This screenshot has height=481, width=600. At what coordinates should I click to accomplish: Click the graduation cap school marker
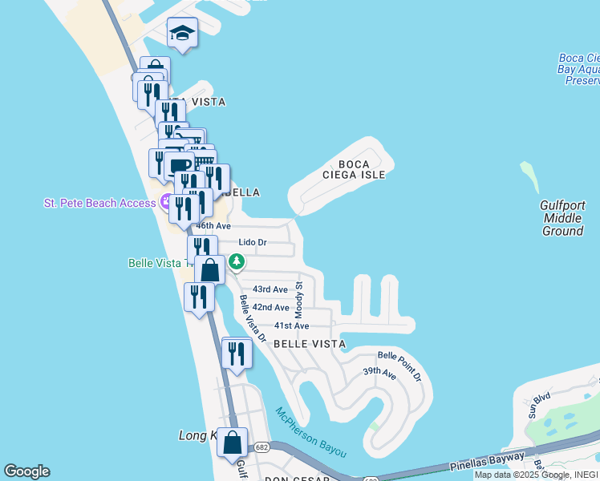(x=182, y=34)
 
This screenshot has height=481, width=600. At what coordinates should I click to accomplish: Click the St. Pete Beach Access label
(x=99, y=203)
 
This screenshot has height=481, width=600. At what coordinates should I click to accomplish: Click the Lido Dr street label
(x=253, y=242)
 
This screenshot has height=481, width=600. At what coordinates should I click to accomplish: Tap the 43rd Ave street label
(x=270, y=289)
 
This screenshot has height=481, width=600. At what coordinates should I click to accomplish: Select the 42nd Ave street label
(x=270, y=308)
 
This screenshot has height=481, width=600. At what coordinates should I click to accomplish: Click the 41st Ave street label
(x=291, y=326)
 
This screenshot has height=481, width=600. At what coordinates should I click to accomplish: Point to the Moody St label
(x=299, y=297)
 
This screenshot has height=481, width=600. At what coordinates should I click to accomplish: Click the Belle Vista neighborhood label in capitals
(x=310, y=344)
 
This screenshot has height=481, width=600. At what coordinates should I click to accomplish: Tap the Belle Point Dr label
(x=399, y=366)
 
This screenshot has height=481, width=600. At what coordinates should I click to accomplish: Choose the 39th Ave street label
(x=379, y=373)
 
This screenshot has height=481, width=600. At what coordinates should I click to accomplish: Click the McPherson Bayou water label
(x=310, y=433)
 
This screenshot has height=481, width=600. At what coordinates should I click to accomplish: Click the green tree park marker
(x=237, y=261)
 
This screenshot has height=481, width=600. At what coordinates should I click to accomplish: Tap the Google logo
(x=26, y=471)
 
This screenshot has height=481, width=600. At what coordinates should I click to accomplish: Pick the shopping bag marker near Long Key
(x=232, y=443)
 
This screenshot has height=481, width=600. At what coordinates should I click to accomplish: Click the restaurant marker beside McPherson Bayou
(x=237, y=353)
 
